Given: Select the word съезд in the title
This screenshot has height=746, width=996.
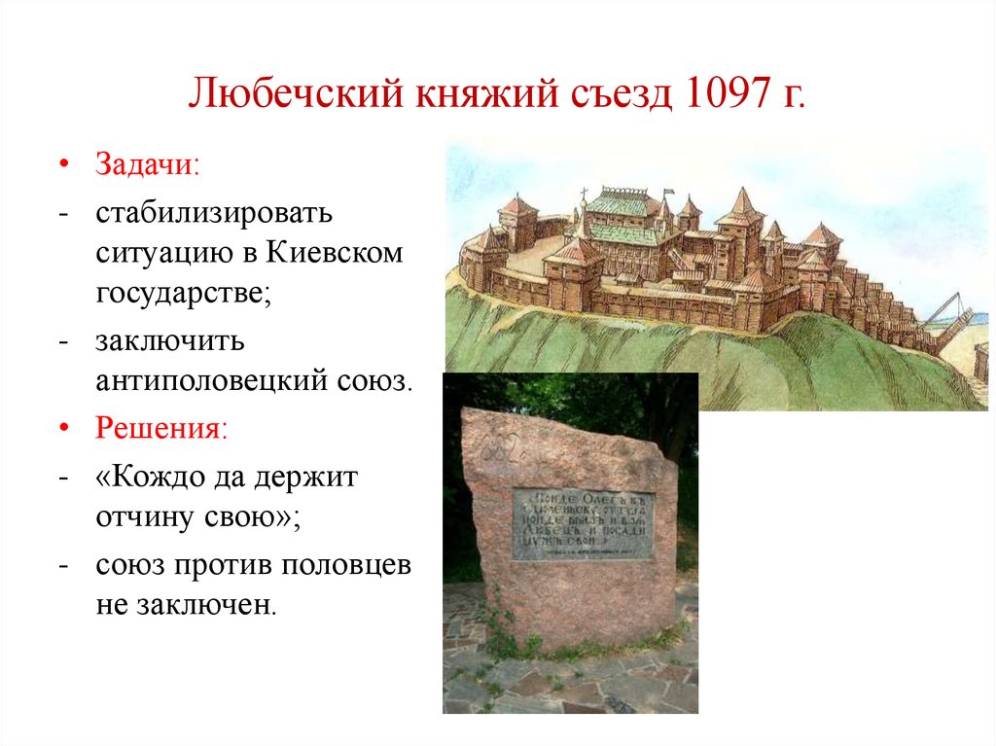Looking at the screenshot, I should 621,99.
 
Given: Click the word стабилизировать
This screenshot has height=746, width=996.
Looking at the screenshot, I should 214,212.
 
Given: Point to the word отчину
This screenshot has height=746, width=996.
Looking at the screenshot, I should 144,517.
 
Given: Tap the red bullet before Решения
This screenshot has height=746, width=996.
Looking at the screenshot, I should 64,428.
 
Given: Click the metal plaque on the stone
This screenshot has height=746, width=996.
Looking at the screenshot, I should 584,523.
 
